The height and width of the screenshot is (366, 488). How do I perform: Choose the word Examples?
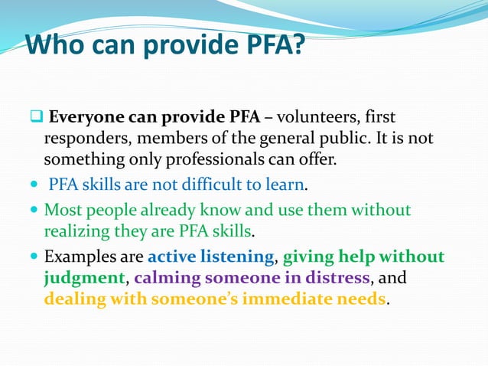[x=79, y=257]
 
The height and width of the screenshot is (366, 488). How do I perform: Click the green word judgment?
[x=83, y=277]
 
